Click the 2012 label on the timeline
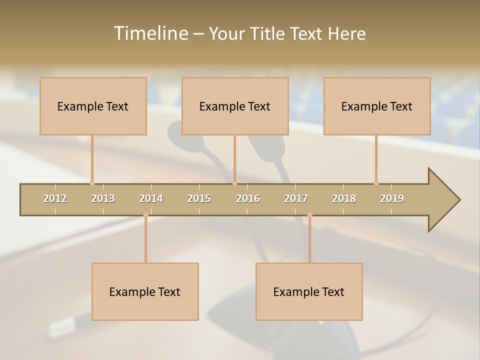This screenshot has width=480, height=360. [55, 198]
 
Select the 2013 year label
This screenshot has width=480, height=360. [103, 198]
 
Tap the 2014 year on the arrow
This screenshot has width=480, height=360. [151, 198]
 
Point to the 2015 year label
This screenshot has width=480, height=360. [199, 198]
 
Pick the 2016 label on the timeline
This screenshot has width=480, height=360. [248, 198]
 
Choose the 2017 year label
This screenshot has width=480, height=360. [296, 198]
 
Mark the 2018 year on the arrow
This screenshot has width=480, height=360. [344, 198]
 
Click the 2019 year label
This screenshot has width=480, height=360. [392, 198]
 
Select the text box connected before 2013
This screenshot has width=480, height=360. [93, 106]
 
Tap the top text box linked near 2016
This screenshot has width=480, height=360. [235, 106]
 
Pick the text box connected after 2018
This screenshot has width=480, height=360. [377, 106]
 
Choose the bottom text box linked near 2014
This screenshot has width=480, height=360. [145, 291]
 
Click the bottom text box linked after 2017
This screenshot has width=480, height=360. [309, 291]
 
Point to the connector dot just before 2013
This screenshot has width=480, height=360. [92, 183]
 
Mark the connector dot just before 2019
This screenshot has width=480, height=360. [376, 183]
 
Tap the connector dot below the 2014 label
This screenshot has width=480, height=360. [145, 215]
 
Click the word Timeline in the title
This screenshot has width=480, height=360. [150, 33]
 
